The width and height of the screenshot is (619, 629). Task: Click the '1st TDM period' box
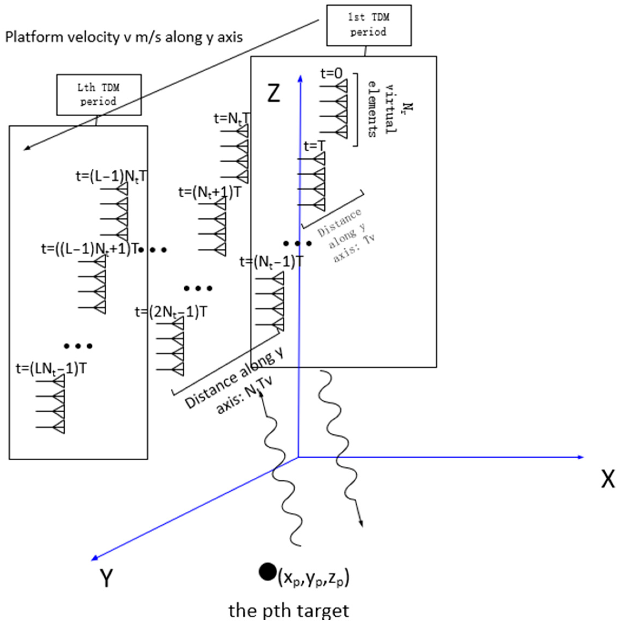point(369,25)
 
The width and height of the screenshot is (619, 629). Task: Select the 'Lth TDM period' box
point(99,95)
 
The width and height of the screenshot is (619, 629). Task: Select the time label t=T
point(314,146)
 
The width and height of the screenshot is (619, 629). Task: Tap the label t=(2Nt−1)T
point(171,312)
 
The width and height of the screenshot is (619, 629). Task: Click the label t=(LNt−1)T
point(51,369)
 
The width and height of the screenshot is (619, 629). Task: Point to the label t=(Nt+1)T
point(210,193)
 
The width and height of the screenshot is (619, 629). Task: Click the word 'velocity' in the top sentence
point(92,37)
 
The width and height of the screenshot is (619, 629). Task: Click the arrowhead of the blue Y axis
point(94,558)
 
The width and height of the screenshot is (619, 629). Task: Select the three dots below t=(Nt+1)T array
point(198,288)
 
